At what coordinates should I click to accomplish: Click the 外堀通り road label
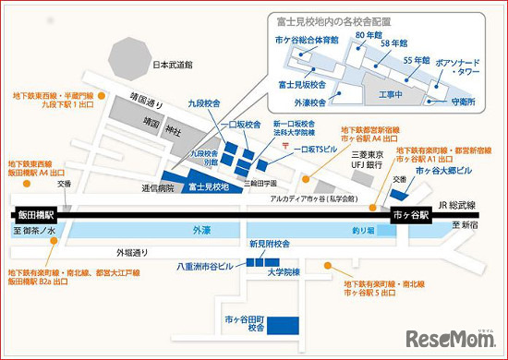point(130,251)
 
